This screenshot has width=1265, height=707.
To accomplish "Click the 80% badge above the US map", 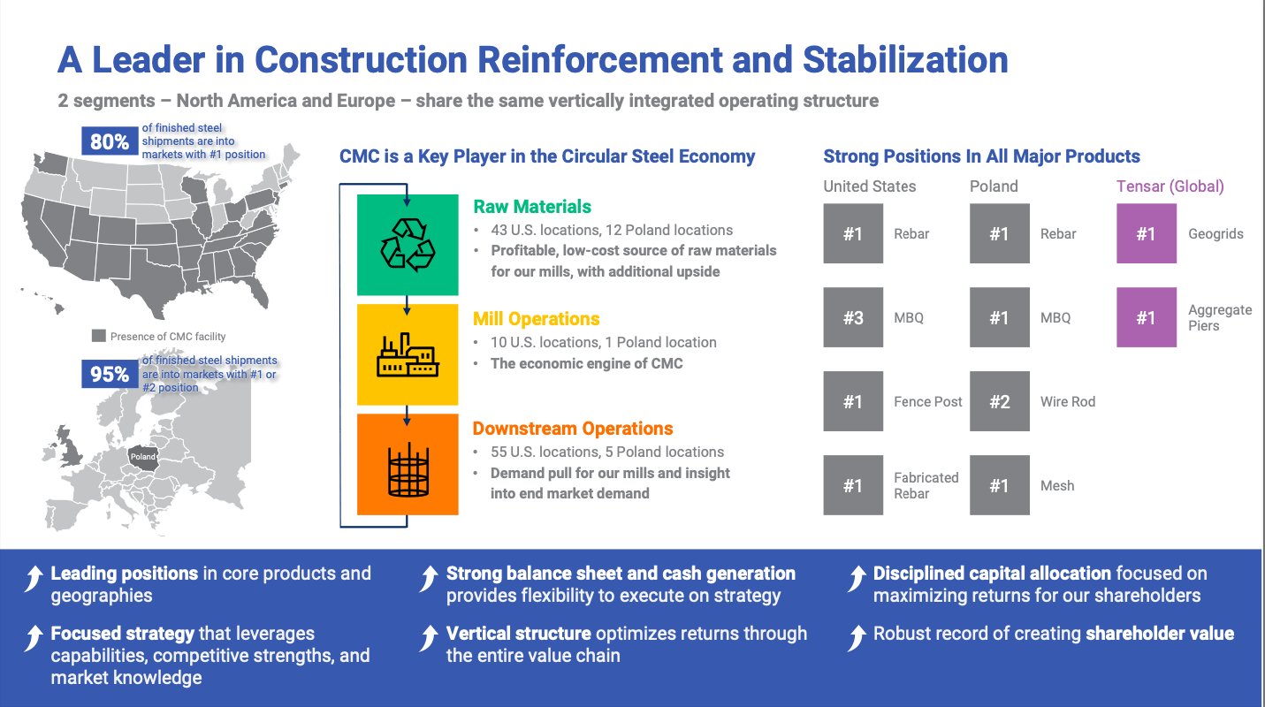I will click(110, 141).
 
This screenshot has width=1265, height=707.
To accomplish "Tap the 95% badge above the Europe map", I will click(110, 374).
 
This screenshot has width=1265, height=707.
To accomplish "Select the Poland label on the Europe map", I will click(143, 457).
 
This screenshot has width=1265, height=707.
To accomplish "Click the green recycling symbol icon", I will click(408, 245).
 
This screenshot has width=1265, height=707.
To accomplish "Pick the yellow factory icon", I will click(408, 354).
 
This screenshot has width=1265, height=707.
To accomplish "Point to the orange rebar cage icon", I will click(408, 465).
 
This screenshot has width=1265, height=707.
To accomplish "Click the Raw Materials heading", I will click(532, 207).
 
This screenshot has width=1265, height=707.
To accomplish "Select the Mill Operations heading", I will click(536, 319).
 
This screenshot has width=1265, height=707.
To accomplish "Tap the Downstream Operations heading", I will click(573, 429).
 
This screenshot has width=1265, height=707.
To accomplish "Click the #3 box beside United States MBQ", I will click(853, 317).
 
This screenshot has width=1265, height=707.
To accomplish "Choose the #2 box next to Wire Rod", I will click(999, 401).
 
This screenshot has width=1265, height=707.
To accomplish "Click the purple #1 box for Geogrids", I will click(1146, 233).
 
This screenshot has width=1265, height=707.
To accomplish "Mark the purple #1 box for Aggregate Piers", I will click(1146, 317).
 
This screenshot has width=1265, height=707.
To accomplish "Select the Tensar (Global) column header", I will click(1170, 186).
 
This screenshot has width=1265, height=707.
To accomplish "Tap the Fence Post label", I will click(927, 401).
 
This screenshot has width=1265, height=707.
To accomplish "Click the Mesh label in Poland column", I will click(1057, 485).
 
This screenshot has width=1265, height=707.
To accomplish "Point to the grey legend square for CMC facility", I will click(99, 336).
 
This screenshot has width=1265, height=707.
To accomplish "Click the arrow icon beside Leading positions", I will click(34, 579).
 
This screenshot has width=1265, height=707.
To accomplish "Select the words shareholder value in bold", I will click(1160, 634).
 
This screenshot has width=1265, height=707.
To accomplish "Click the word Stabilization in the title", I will click(905, 60).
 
